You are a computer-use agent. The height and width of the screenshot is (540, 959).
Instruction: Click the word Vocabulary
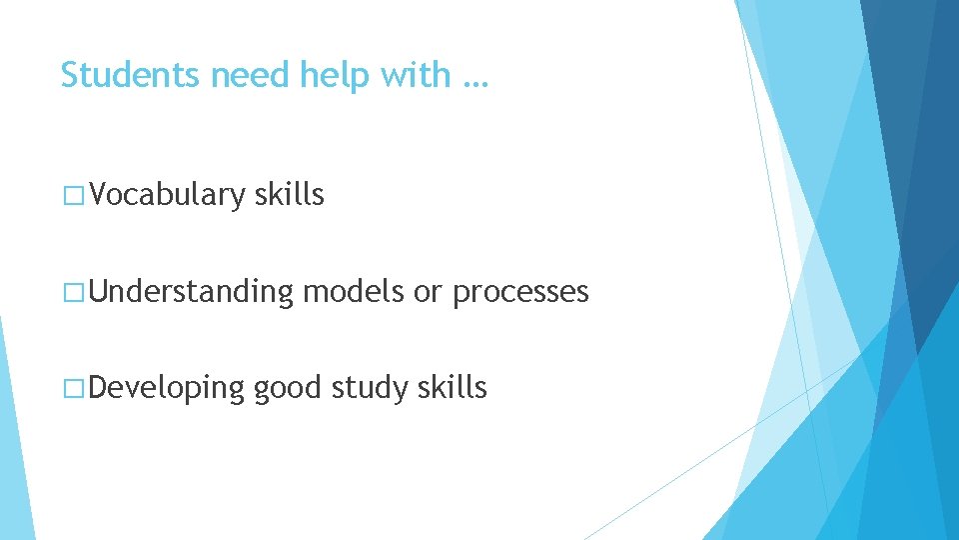(x=167, y=195)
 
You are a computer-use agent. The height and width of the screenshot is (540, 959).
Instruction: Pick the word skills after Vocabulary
(x=290, y=194)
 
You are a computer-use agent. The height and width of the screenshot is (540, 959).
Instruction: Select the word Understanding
(x=192, y=292)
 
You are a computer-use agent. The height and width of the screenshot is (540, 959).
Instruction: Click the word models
(x=354, y=292)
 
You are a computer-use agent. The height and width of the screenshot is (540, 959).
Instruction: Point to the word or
(x=428, y=293)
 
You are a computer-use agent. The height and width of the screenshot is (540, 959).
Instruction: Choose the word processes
(x=520, y=293)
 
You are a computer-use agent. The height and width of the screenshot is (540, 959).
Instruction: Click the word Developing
(x=167, y=389)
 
